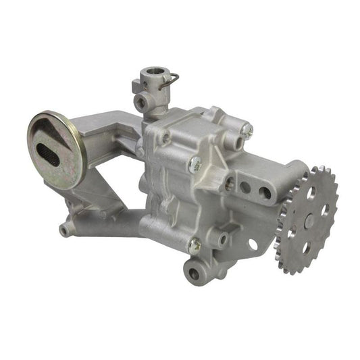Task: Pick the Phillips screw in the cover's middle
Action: [196, 163]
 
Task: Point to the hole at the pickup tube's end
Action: [64, 230]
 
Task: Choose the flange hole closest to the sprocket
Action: [265, 193]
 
